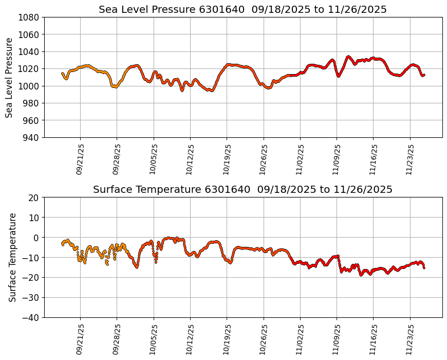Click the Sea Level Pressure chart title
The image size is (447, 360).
coord(243,9)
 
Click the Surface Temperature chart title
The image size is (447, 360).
coord(243,190)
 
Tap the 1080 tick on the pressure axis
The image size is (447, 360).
coord(30,17)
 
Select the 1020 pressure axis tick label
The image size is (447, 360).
coord(30,68)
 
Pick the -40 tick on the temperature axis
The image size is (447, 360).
coord(31,317)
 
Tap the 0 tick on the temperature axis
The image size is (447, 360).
coord(37,238)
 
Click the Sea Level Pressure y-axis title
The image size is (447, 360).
coord(10,77)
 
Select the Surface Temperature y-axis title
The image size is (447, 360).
coord(12,257)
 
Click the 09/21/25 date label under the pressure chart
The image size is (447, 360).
coord(80,159)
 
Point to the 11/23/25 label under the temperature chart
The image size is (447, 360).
coord(410,339)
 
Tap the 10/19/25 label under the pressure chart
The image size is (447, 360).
coord(227,159)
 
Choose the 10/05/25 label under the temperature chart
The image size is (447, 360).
coord(154,339)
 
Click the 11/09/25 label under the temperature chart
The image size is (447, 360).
coord(337,339)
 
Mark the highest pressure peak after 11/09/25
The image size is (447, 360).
coord(348,57)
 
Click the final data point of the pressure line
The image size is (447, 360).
coord(424,75)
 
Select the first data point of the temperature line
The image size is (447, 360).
coord(63,244)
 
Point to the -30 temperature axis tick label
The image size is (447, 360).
coord(31,297)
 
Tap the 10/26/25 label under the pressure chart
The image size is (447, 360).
coord(264,159)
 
